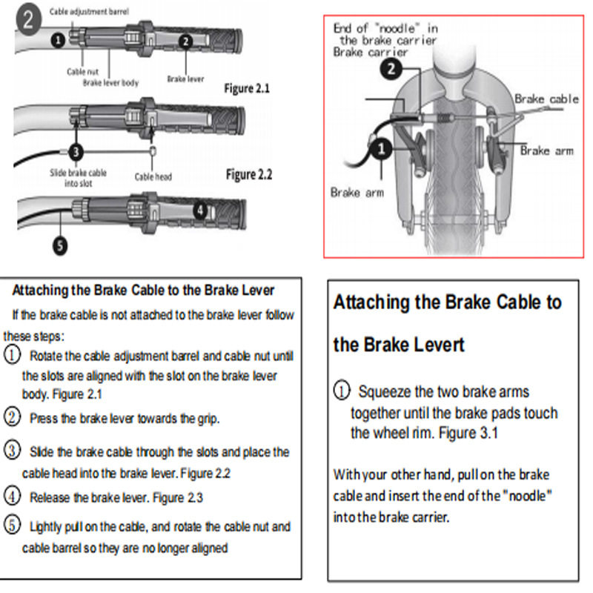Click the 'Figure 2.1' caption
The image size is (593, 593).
click(x=247, y=89)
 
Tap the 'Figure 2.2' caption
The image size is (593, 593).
click(x=248, y=175)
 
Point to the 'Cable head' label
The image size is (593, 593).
click(x=153, y=177)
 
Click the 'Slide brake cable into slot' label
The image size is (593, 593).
click(x=78, y=177)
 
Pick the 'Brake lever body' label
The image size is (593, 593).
click(x=110, y=83)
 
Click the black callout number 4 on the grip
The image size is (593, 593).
click(x=199, y=211)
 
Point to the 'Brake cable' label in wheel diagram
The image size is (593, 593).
click(x=546, y=99)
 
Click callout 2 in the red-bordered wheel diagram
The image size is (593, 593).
click(x=391, y=70)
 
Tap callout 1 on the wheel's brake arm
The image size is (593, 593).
click(x=380, y=150)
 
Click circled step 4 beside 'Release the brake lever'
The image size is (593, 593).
click(x=12, y=496)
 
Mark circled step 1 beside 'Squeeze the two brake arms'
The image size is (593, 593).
click(x=341, y=391)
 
